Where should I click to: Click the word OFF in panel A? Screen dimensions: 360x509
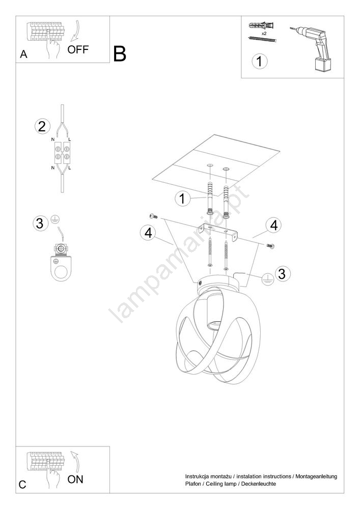(78, 50)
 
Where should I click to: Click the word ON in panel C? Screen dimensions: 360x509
(75, 479)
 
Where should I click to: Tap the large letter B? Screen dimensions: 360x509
(120, 54)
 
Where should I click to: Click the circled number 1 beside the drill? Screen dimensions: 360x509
(259, 62)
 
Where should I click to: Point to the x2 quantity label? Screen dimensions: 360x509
(264, 34)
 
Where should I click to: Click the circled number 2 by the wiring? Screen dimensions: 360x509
(42, 126)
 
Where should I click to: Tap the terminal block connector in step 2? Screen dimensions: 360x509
(62, 153)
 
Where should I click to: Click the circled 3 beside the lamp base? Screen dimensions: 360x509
(282, 274)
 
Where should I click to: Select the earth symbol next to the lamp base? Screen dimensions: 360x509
(267, 278)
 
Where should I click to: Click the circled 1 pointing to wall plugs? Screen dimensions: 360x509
(182, 199)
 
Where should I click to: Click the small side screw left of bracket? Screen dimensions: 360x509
(153, 216)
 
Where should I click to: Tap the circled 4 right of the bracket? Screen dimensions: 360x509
(273, 225)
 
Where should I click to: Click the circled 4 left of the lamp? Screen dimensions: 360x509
(148, 233)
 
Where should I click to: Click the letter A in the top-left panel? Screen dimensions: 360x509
(24, 54)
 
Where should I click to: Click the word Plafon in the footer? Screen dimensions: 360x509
(193, 484)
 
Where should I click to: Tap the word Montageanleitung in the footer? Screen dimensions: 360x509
(316, 477)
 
